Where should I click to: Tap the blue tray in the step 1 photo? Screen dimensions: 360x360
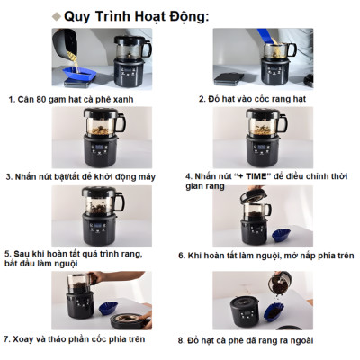pos(73,68)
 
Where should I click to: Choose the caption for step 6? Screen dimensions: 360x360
pos(267,256)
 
